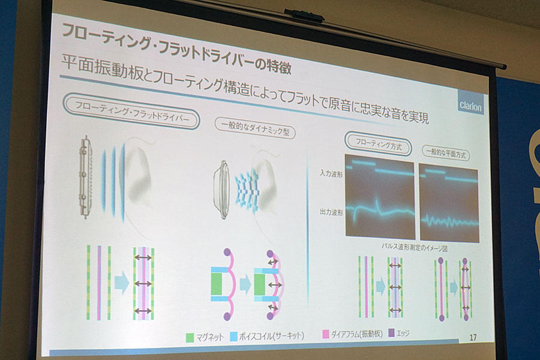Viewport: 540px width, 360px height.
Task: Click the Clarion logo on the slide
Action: tap(470, 104)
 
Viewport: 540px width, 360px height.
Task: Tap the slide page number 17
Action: tap(473, 337)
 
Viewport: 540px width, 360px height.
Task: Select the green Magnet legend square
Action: tap(190, 338)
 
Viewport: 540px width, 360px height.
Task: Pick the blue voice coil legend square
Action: tap(234, 336)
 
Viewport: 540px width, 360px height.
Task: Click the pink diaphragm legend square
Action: tap(325, 334)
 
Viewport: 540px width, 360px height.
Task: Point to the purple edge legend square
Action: tap(391, 333)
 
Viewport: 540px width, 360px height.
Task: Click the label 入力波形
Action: tap(331, 174)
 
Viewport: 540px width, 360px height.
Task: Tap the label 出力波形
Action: tap(331, 212)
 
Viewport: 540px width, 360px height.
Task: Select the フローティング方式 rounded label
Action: tap(378, 143)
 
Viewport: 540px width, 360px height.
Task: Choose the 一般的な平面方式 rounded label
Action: tap(446, 152)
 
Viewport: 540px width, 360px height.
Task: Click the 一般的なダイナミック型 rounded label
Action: tap(255, 128)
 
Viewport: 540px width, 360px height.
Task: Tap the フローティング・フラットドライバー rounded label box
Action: tap(131, 111)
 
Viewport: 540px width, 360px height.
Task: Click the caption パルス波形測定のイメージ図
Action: tap(414, 247)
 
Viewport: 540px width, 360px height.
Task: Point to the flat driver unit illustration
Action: tap(85, 177)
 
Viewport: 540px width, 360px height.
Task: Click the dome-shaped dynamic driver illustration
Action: tap(221, 190)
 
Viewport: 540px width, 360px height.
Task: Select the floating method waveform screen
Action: tap(380, 197)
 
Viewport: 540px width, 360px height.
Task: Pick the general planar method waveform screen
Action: tap(449, 203)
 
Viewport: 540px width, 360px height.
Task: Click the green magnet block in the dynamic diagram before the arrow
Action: tap(217, 284)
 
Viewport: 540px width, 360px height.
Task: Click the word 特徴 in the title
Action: tap(279, 66)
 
